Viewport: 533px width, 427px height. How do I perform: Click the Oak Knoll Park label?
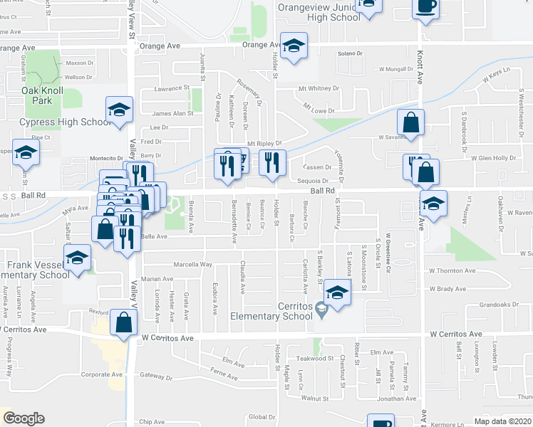click(x=42, y=95)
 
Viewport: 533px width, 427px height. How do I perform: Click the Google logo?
click(x=24, y=418)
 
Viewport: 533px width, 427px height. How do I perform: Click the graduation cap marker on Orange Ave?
click(x=291, y=46)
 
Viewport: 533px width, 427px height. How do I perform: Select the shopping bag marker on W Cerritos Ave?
click(x=124, y=321)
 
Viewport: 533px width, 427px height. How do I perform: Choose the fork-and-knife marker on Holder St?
click(x=272, y=163)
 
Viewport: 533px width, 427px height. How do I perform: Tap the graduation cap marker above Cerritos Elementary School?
click(x=337, y=292)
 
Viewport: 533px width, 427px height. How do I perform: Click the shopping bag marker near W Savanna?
click(x=411, y=122)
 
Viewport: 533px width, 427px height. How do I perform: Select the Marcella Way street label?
click(x=196, y=264)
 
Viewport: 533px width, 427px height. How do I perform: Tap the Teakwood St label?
click(x=314, y=359)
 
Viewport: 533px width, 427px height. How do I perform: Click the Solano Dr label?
click(x=350, y=53)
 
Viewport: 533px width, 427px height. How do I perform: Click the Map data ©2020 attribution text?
click(x=498, y=421)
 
